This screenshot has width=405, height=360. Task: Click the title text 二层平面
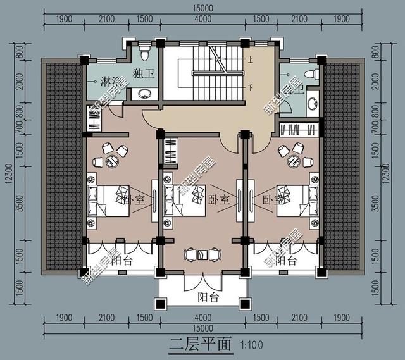(x=200, y=346)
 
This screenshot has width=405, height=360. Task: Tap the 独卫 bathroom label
(x=143, y=71)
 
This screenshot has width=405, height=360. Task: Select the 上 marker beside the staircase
(x=250, y=61)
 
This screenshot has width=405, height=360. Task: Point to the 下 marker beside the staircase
(x=250, y=87)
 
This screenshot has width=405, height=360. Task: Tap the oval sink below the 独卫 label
(x=145, y=95)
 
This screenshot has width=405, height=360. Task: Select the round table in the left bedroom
(x=113, y=159)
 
